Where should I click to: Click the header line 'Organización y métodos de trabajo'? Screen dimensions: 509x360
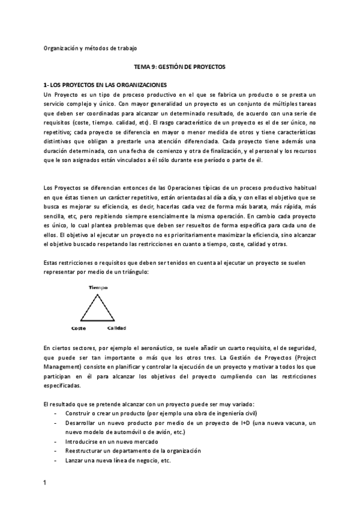[x=95, y=48]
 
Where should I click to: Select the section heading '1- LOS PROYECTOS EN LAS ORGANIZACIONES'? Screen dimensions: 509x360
[x=106, y=86]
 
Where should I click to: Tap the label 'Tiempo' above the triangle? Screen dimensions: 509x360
[x=98, y=288]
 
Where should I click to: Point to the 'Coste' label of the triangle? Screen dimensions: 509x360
[x=78, y=328]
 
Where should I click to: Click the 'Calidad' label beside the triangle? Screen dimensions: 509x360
[x=116, y=328]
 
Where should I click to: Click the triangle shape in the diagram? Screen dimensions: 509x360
[x=98, y=309]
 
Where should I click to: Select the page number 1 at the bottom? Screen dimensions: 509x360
[x=45, y=483]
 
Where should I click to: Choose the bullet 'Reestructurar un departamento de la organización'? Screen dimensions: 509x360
[x=133, y=451]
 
